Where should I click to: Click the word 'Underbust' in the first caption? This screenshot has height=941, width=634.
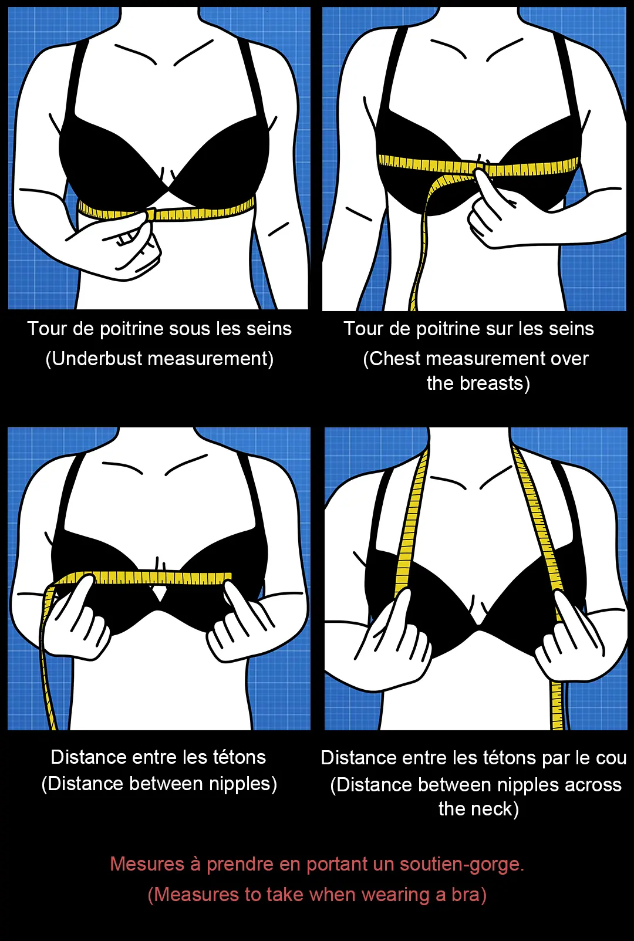[x=97, y=359]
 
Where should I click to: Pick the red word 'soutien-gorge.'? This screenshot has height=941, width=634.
[x=462, y=864]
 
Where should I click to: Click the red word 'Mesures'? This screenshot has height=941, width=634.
[x=147, y=864]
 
